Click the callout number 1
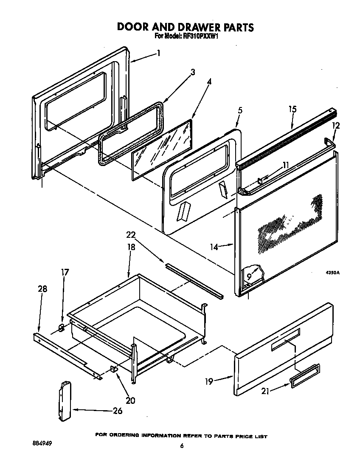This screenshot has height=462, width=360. [158, 54]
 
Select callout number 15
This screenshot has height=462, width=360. [292, 110]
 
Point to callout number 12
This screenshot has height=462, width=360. [336, 126]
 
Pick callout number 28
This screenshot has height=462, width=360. [42, 289]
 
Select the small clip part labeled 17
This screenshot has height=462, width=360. [61, 327]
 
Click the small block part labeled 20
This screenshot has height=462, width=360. [114, 369]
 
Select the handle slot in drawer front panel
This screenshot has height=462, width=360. [285, 340]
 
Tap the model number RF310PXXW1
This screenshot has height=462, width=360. [200, 37]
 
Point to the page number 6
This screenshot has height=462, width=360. [181, 445]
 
